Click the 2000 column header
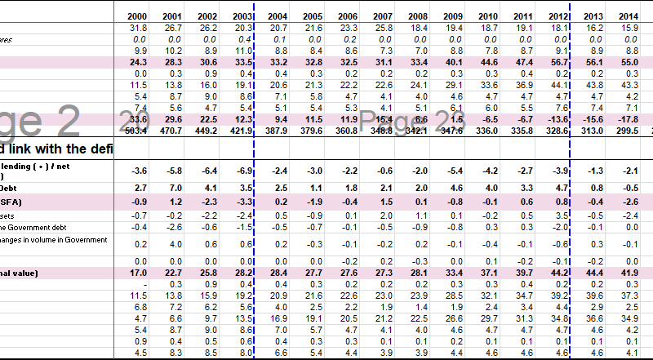tap(137, 16)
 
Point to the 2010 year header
tap(488, 16)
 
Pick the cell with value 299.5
tap(627, 131)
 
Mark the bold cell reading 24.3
tap(137, 62)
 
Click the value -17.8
tap(627, 119)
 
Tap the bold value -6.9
tap(242, 170)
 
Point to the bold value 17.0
tap(137, 272)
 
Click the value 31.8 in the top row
tap(137, 28)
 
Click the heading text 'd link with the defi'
tap(57, 149)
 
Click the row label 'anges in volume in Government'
tap(54, 239)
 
